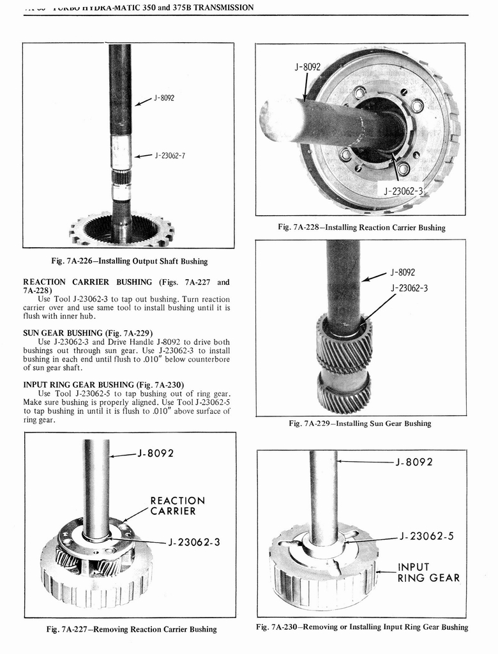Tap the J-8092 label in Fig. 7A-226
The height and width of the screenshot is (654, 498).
click(x=163, y=98)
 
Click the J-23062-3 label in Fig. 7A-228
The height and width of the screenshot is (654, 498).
click(x=404, y=191)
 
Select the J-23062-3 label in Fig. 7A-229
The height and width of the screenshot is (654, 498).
click(x=409, y=288)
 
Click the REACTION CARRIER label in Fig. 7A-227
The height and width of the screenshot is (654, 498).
click(x=177, y=506)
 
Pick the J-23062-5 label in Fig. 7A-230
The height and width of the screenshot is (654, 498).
click(x=426, y=536)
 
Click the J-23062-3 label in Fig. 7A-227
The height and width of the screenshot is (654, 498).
click(x=193, y=542)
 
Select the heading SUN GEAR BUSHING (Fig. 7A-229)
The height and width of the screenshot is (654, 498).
click(x=87, y=333)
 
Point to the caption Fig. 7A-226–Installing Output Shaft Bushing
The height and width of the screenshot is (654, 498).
click(x=129, y=261)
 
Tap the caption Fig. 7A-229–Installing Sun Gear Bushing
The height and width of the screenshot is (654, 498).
click(x=360, y=423)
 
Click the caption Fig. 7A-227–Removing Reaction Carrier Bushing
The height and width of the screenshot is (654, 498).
click(x=132, y=629)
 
